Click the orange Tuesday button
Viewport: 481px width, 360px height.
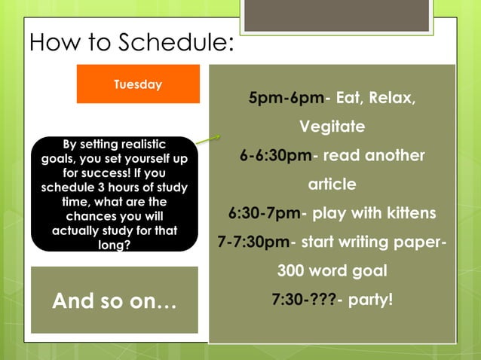tap(138, 84)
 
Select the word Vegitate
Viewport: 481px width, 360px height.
tap(332, 127)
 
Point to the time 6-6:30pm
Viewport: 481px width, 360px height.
tap(275, 156)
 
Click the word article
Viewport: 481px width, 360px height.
tap(332, 185)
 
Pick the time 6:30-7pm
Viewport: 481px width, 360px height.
tap(264, 213)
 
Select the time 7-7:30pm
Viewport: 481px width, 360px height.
tap(253, 242)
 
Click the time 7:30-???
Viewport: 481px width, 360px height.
tap(303, 299)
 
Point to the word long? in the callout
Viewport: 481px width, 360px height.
tap(114, 243)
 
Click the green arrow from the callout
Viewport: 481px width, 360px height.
tap(208, 139)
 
